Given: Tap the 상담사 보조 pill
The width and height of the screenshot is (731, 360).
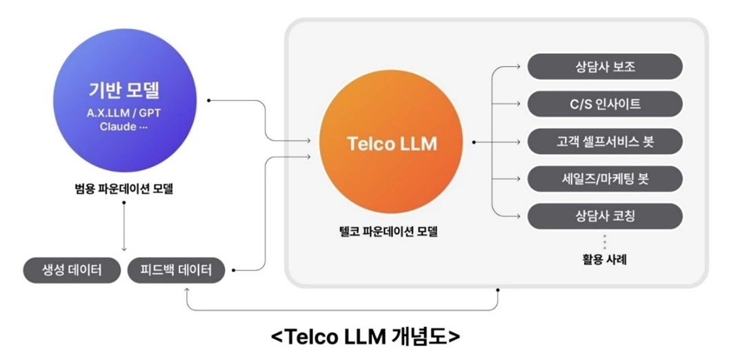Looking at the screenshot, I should pyautogui.click(x=605, y=68).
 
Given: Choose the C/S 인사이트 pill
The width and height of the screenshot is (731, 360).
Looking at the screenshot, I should pyautogui.click(x=605, y=104).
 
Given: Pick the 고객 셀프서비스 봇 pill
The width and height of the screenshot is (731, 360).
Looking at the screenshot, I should pyautogui.click(x=605, y=142).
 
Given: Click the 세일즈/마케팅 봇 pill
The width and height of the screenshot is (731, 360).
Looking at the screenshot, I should pyautogui.click(x=605, y=179).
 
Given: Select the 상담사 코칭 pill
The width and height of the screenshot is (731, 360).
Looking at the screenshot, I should pyautogui.click(x=605, y=216).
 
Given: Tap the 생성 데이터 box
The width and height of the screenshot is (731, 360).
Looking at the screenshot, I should pyautogui.click(x=72, y=270).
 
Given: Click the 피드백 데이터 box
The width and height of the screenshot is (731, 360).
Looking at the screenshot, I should pyautogui.click(x=177, y=270).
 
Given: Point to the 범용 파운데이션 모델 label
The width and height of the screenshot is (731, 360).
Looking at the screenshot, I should pyautogui.click(x=124, y=188).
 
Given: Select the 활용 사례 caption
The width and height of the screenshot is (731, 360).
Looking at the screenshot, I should pyautogui.click(x=604, y=260).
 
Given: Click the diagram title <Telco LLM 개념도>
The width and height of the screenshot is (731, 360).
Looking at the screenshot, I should pyautogui.click(x=365, y=337).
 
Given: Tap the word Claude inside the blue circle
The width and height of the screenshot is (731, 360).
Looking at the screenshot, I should pyautogui.click(x=114, y=127).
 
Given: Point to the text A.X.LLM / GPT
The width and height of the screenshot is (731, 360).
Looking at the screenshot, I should pyautogui.click(x=124, y=113).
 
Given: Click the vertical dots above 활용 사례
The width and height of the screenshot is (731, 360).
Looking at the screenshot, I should pyautogui.click(x=604, y=242).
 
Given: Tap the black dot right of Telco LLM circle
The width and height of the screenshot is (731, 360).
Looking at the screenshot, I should pyautogui.click(x=474, y=142).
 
